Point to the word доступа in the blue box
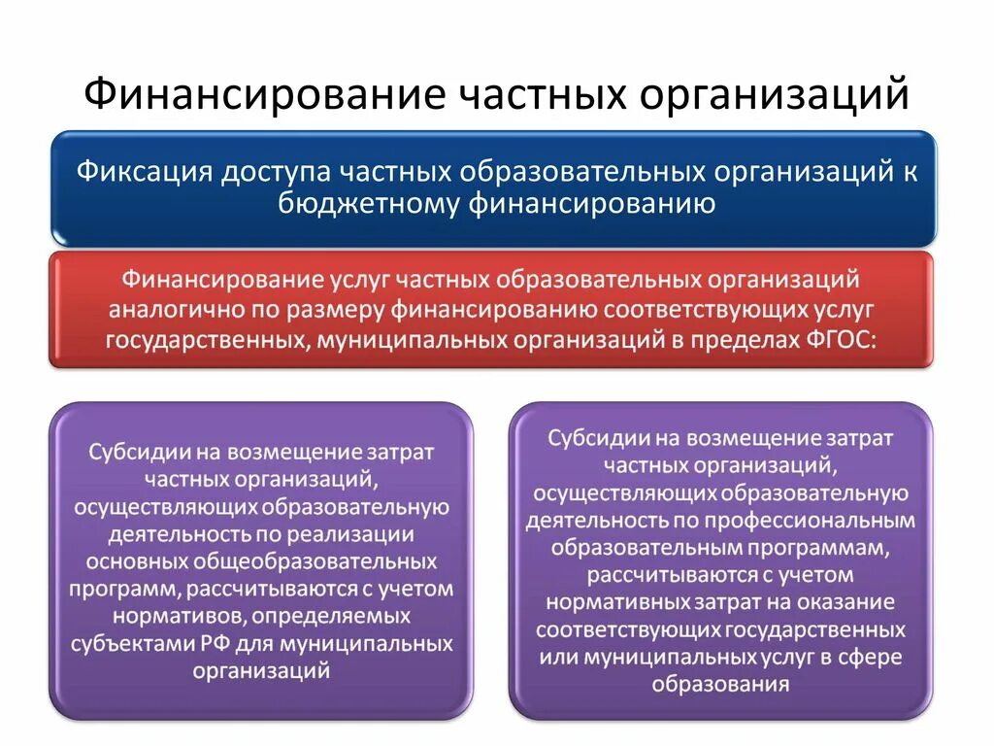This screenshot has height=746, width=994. [x=278, y=172]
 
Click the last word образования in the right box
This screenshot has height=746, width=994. [x=719, y=684]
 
